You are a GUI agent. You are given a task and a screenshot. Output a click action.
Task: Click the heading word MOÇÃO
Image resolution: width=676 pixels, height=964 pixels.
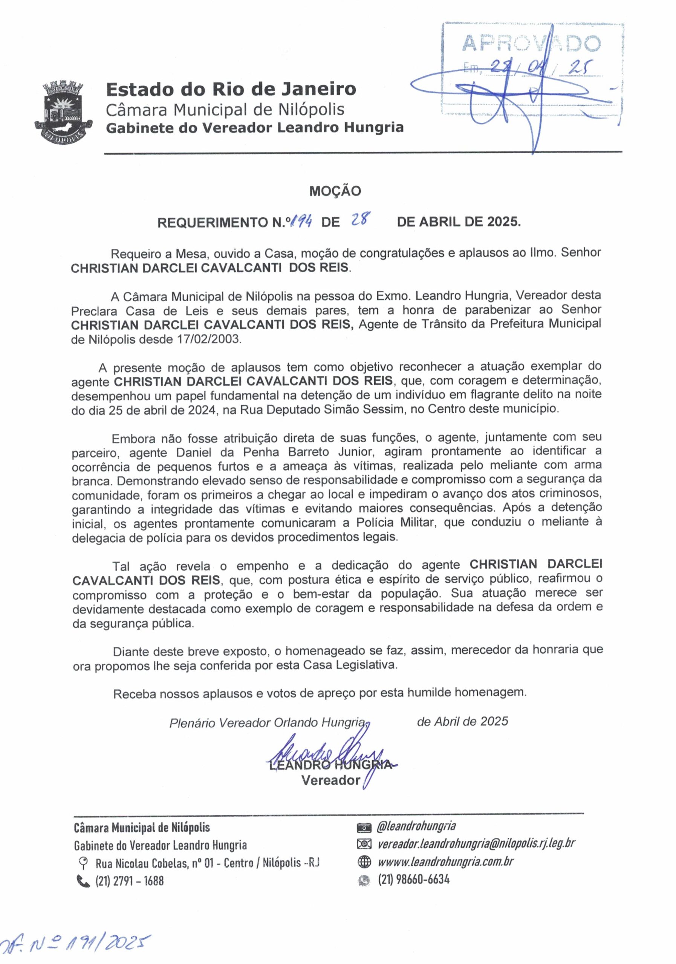coord(335,191)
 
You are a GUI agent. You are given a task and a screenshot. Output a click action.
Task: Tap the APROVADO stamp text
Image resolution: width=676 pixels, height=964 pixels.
coord(531,44)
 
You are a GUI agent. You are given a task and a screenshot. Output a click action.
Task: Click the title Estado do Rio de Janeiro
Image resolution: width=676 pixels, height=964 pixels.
coord(231,89)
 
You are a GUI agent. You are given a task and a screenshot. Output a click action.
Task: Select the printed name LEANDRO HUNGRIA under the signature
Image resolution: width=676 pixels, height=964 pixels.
coord(330,764)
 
